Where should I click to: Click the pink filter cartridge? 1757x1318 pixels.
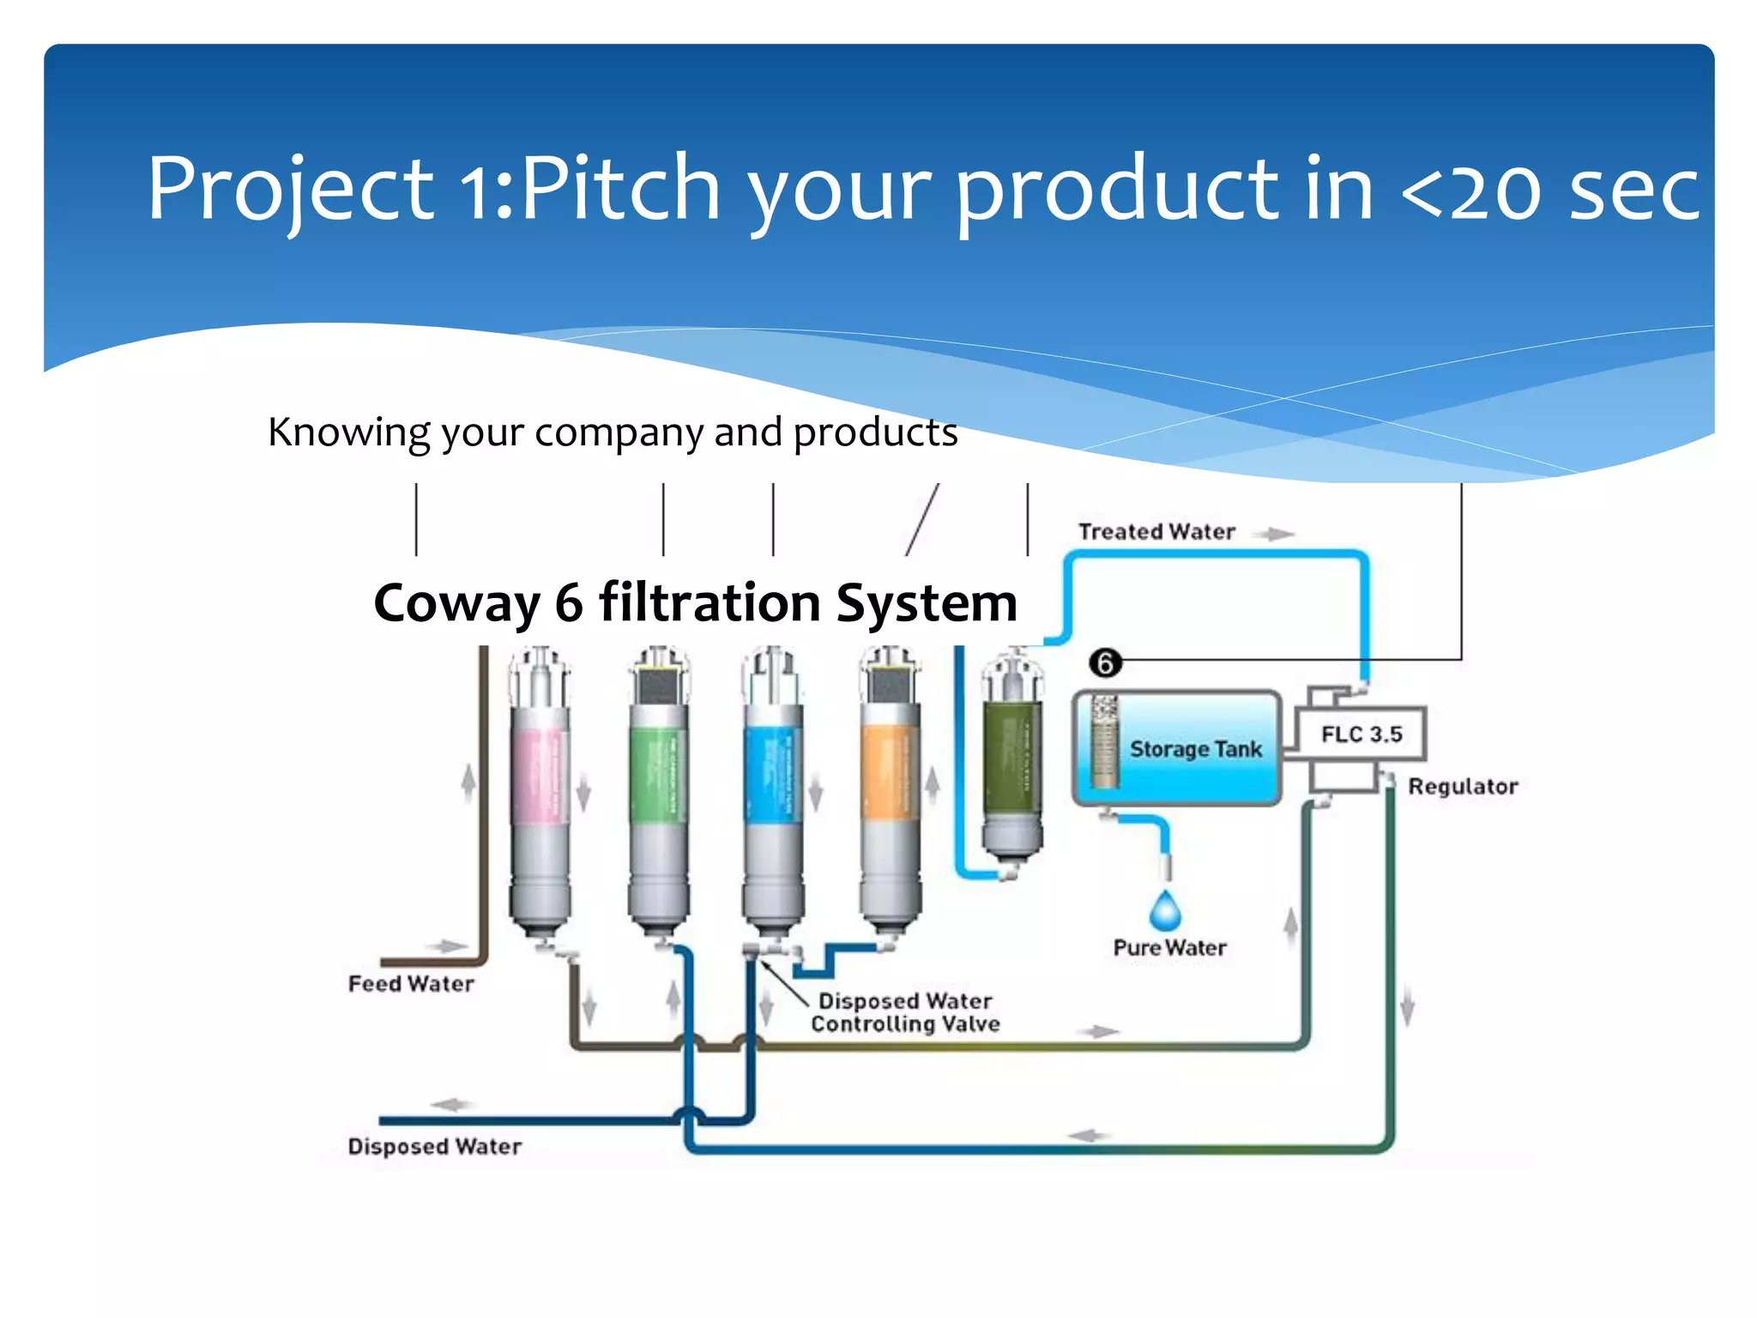pyautogui.click(x=540, y=772)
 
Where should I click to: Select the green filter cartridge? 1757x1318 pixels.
pyautogui.click(x=659, y=772)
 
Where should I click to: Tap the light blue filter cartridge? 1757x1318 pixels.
pyautogui.click(x=773, y=772)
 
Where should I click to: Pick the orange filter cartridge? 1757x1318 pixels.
pyautogui.click(x=891, y=772)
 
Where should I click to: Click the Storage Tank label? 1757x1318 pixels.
pyautogui.click(x=1195, y=749)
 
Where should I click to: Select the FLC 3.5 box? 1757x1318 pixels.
pyautogui.click(x=1361, y=735)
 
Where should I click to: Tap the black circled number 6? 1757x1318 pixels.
pyautogui.click(x=1105, y=663)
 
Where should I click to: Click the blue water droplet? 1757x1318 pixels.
pyautogui.click(x=1165, y=911)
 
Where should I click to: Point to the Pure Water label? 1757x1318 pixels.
pyautogui.click(x=1169, y=948)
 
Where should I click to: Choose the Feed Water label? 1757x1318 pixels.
pyautogui.click(x=411, y=983)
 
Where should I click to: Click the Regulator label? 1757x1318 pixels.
pyautogui.click(x=1463, y=787)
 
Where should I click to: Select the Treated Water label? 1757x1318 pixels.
pyautogui.click(x=1156, y=532)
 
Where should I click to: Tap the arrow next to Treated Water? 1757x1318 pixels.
pyautogui.click(x=1275, y=534)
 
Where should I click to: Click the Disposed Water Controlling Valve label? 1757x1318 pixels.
pyautogui.click(x=905, y=1013)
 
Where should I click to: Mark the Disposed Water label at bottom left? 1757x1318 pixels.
pyautogui.click(x=434, y=1146)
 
